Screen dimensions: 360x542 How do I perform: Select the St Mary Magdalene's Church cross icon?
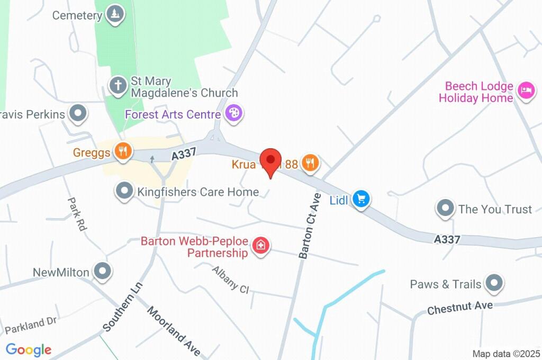pos(117,85)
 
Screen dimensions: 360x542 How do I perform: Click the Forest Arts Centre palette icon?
pos(233,113)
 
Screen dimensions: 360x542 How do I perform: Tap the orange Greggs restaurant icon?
pos(123,151)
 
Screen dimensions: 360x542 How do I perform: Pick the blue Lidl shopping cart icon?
pos(362,199)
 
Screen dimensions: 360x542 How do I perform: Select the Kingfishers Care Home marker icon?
pos(124,191)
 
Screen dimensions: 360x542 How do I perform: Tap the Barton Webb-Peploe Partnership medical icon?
pos(260,246)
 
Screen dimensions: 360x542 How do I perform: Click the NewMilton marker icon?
pos(102,271)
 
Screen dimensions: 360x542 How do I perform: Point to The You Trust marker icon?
pos(445,208)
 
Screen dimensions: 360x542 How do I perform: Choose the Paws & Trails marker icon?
pos(494,283)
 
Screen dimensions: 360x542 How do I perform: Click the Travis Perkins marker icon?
pos(79,113)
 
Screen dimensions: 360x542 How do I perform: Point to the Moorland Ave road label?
pos(174,331)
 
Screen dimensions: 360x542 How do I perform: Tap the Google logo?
pos(29,349)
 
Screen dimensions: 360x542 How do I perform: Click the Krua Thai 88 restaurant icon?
pos(310,163)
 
